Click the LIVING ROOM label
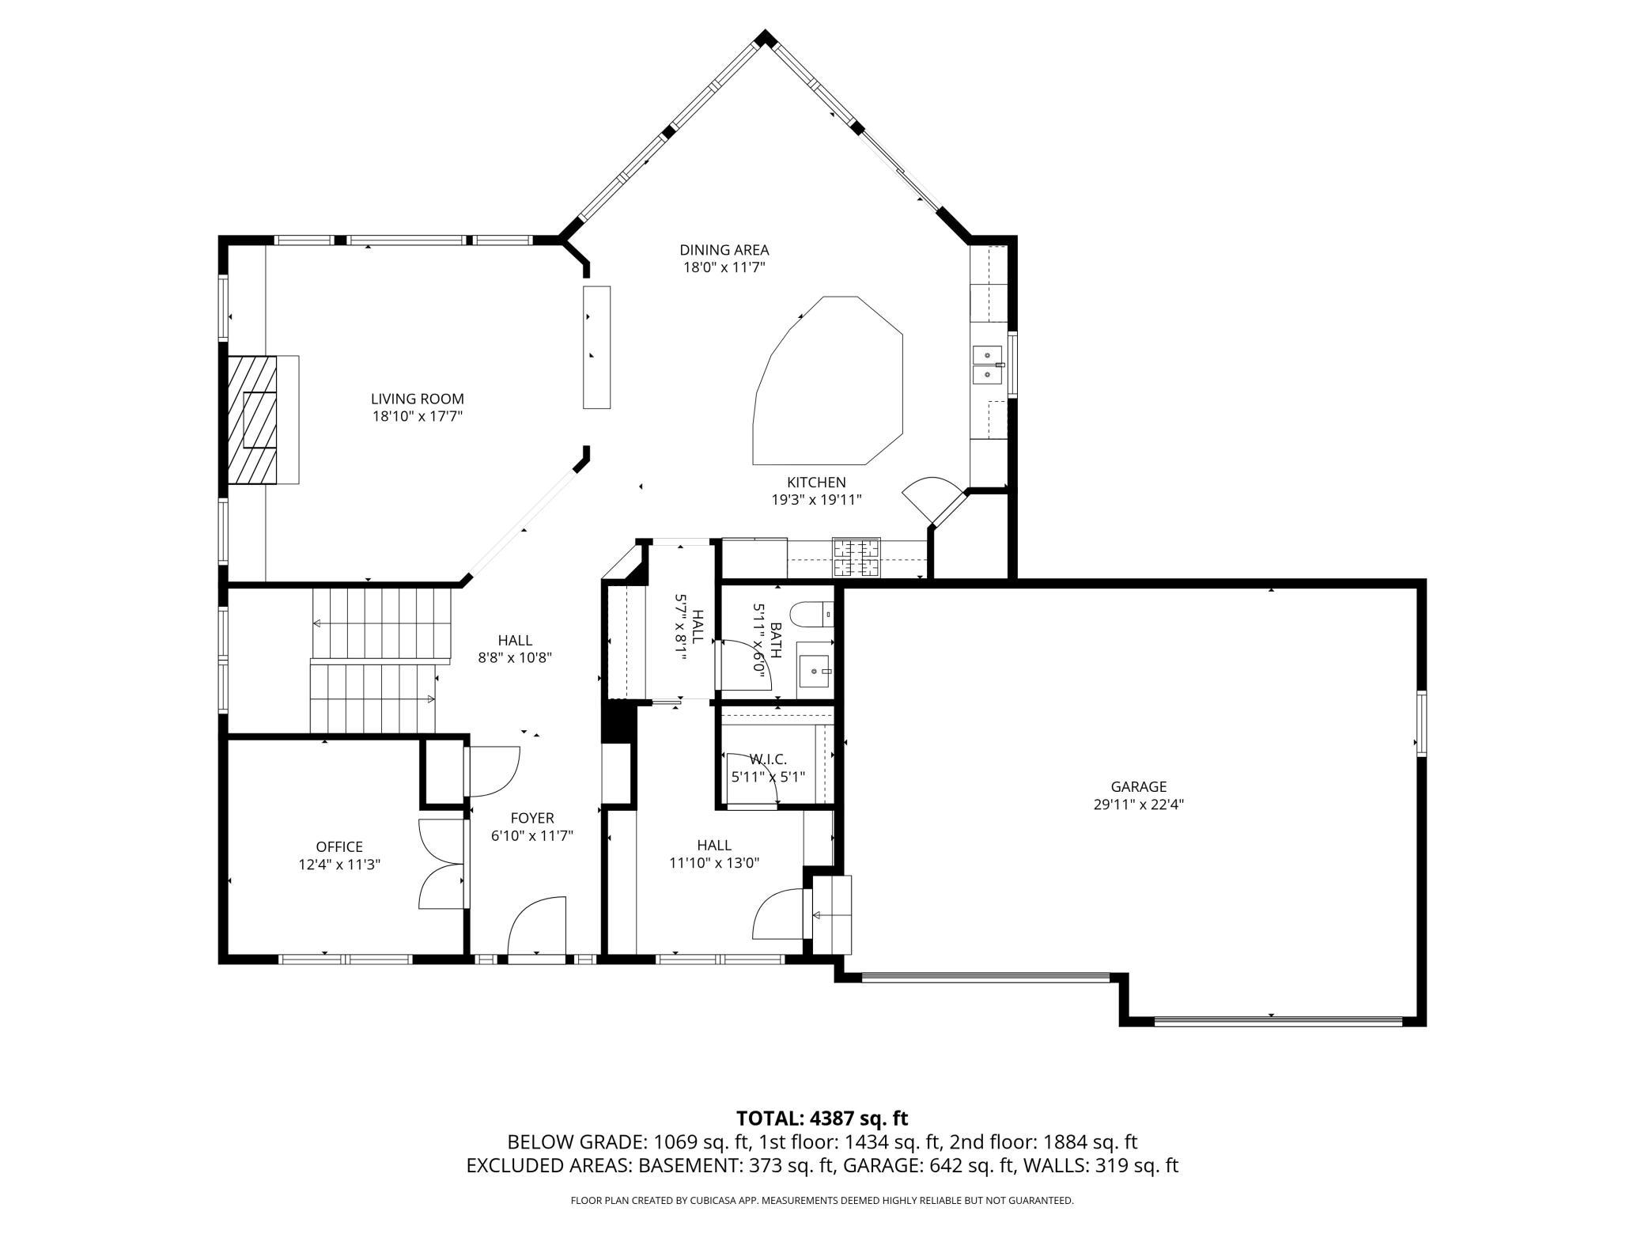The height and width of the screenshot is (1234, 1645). [x=418, y=399]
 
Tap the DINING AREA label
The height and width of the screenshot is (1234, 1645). [x=724, y=251]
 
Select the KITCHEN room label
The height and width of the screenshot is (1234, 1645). [x=816, y=483]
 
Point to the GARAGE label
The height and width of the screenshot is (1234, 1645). [x=1139, y=787]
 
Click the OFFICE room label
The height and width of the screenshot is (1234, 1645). [x=339, y=847]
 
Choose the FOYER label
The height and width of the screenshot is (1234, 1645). [x=532, y=818]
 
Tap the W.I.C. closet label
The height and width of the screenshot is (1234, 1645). [x=768, y=759]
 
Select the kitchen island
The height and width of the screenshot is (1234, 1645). [x=828, y=380]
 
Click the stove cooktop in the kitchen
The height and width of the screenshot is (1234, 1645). [x=856, y=558]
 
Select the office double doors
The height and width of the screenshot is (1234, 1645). [x=441, y=865]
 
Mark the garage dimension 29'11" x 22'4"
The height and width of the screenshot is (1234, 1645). [x=1139, y=804]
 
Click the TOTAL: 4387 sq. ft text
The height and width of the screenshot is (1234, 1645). [x=822, y=1118]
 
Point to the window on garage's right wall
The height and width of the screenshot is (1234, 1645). [x=1421, y=723]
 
